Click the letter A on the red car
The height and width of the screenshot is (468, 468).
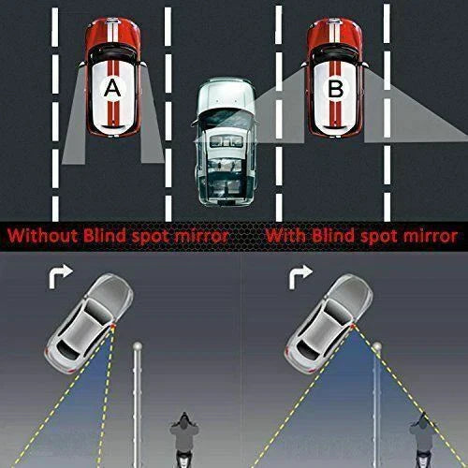click(112, 87)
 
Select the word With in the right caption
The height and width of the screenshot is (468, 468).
click(285, 235)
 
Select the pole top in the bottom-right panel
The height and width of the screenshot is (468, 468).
click(376, 348)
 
